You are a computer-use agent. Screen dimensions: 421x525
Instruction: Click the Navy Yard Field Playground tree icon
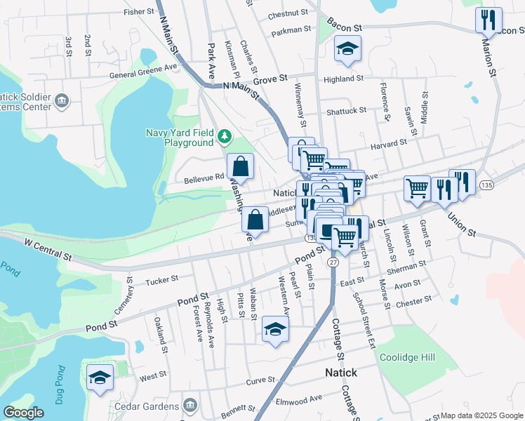tap(225, 135)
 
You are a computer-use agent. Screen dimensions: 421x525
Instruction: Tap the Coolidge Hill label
tap(407, 357)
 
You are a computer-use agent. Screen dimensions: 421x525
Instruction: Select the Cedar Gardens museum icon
tap(190, 406)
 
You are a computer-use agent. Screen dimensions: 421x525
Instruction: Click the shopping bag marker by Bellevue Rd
tap(240, 167)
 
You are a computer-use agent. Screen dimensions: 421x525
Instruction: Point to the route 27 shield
tap(333, 262)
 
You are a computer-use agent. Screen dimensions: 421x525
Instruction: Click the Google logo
tap(23, 413)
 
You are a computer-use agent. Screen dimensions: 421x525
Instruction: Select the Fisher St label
tap(138, 12)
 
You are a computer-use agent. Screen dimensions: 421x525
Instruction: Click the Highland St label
tap(343, 79)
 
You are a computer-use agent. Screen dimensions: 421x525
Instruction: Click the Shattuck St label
tap(346, 111)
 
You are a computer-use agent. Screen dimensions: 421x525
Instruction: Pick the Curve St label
tap(260, 382)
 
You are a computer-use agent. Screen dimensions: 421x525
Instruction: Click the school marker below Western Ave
tap(275, 329)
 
